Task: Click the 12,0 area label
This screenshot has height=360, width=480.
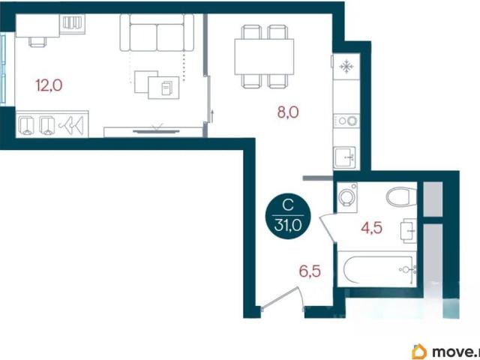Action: click(49, 85)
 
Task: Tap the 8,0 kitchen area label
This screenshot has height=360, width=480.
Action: click(288, 112)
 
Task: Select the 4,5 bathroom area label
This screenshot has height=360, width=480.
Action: click(372, 228)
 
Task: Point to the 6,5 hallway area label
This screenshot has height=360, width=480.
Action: click(310, 271)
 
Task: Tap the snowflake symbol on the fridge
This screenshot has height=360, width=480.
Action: click(346, 67)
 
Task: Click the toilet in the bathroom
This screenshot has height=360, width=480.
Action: click(402, 196)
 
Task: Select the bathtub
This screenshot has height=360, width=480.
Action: click(377, 269)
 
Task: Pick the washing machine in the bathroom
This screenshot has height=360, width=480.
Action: click(347, 197)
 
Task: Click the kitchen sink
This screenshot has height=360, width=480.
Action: click(345, 157)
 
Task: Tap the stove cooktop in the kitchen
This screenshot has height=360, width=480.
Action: click(346, 121)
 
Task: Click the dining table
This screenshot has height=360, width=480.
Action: click(264, 57)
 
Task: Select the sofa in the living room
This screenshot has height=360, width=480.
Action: click(157, 32)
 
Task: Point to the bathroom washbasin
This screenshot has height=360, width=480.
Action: click(408, 231)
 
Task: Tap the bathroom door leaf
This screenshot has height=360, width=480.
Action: click(327, 229)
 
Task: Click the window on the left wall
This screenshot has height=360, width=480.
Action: click(3, 69)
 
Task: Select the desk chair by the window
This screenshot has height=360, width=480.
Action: click(38, 42)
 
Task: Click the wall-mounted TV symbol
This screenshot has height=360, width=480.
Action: click(156, 131)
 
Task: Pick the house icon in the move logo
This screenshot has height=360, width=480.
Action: click(419, 352)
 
